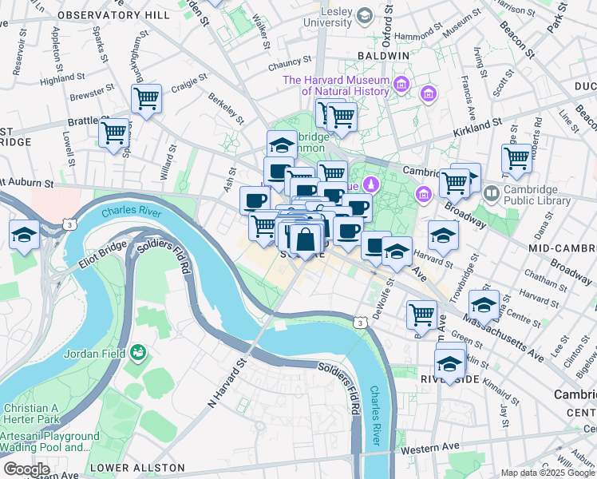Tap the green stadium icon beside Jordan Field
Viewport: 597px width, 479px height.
tap(140, 351)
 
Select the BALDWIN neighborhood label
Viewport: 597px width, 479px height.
tap(383, 55)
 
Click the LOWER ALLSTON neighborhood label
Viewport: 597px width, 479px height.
tap(137, 468)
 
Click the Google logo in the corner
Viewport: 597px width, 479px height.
tap(26, 469)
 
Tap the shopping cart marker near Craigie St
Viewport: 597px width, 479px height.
tap(146, 99)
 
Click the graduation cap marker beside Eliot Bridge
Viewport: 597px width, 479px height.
tap(25, 235)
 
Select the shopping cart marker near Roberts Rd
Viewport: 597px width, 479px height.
tap(516, 157)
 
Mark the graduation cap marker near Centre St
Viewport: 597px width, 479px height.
tap(484, 305)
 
